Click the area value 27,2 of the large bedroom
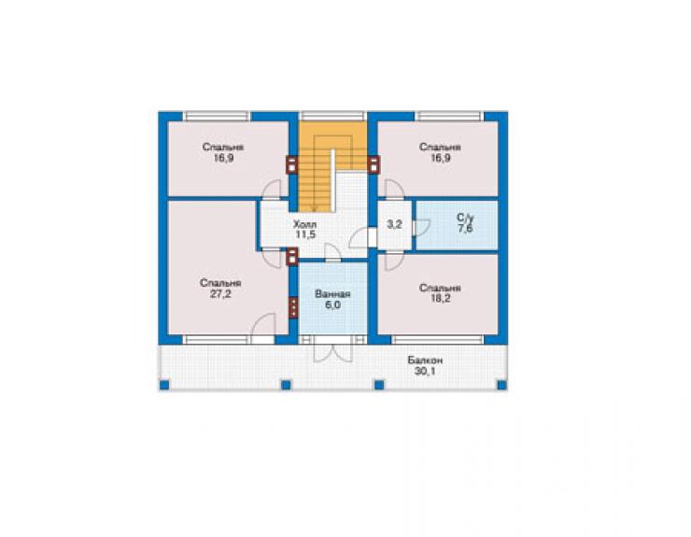220,294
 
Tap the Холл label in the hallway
305,224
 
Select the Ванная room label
332,294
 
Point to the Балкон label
425,360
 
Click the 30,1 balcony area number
425,371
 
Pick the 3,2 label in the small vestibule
394,224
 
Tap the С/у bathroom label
465,218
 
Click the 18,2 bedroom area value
441,299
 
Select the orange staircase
332,166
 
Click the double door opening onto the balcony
332,350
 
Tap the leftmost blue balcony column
164,385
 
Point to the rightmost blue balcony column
501,385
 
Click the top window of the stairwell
333,117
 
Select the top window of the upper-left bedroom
217,117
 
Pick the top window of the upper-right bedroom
449,117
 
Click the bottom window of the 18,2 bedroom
438,340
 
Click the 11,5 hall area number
305,234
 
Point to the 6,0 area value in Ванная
332,304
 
